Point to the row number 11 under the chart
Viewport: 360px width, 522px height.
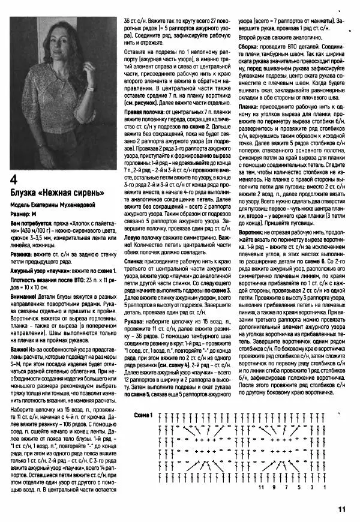[261, 488]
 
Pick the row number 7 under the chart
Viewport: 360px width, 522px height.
[286, 488]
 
